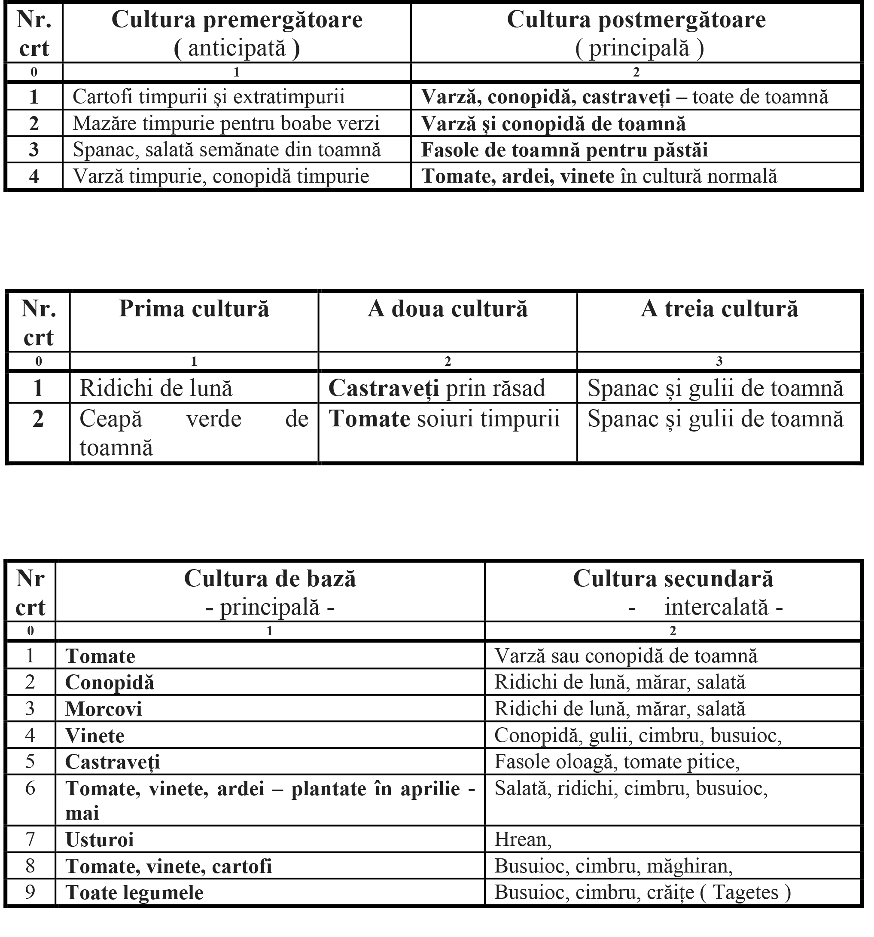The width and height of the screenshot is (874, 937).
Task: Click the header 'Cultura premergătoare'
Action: [237, 20]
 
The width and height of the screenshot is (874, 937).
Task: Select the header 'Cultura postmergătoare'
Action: [636, 20]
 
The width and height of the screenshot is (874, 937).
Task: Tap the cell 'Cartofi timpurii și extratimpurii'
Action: [209, 97]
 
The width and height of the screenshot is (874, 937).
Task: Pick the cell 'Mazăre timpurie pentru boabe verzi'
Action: [226, 123]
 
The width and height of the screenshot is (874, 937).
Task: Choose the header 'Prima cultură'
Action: [194, 309]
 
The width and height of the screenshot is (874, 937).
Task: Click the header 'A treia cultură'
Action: [719, 309]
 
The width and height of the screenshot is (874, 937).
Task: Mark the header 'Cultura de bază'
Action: [270, 579]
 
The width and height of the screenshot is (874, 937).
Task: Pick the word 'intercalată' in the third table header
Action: [716, 607]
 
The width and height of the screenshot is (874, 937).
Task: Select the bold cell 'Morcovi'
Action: [104, 709]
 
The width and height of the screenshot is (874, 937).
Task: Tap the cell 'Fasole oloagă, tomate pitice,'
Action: [616, 762]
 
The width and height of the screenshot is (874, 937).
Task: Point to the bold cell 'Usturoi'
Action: [99, 840]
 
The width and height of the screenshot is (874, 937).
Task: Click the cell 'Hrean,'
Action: [522, 840]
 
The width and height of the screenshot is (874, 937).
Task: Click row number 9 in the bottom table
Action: [30, 892]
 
